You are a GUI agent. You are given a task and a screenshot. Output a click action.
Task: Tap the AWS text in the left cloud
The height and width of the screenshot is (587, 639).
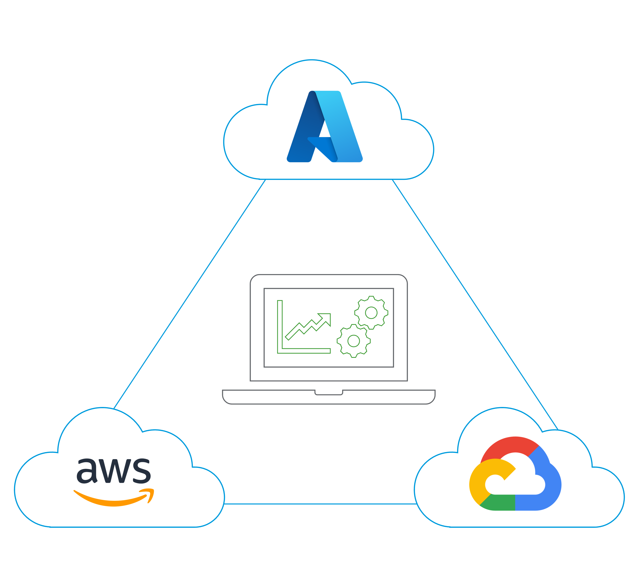click(x=114, y=471)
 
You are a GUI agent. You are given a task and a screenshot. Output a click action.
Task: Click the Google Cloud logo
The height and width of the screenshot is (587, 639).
click(x=515, y=473)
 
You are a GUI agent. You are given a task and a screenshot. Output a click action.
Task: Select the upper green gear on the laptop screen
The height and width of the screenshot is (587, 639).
click(x=371, y=313)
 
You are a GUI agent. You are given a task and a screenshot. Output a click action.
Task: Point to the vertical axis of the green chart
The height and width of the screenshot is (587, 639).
click(x=280, y=324)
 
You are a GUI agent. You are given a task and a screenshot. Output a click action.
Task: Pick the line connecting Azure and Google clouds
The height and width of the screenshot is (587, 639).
click(x=475, y=304)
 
